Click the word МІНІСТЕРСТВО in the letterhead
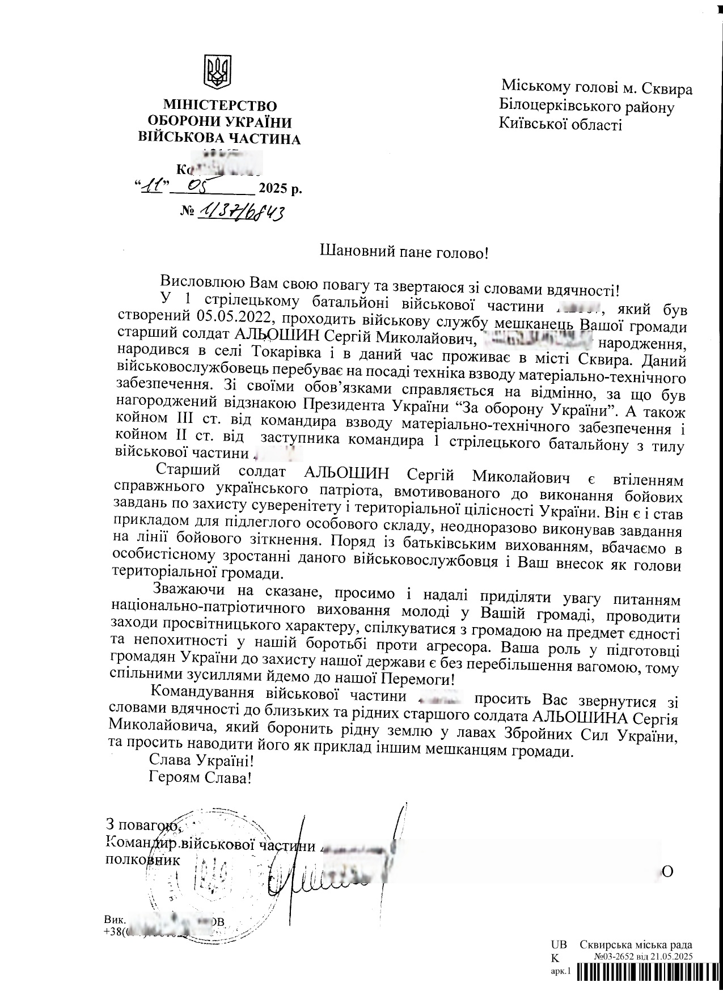point(220,105)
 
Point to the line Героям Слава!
point(200,777)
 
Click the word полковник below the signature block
point(144,859)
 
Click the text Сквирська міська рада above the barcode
point(636,945)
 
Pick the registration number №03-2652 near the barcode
point(616,957)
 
